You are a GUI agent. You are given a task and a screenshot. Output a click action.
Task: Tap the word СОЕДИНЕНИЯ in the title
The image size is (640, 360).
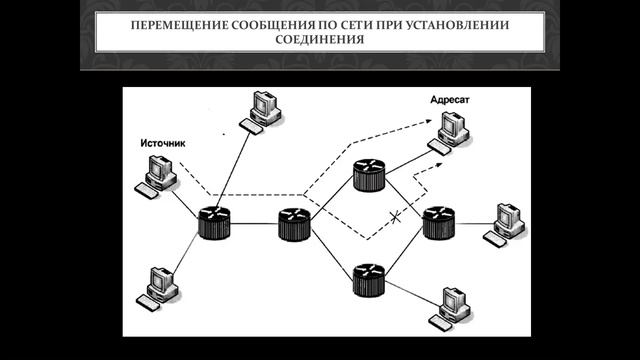(320, 40)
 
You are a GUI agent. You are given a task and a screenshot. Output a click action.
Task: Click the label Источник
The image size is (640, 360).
(162, 143)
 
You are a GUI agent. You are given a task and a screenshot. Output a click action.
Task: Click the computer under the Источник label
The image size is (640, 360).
(158, 178)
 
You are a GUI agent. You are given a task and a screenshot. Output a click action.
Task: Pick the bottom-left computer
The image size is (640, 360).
(161, 286)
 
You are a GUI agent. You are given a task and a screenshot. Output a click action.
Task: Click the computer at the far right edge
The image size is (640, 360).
(505, 222)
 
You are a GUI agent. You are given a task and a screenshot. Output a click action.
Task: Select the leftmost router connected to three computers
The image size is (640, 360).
(214, 222)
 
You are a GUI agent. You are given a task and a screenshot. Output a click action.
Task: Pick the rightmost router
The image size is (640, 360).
(437, 222)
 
